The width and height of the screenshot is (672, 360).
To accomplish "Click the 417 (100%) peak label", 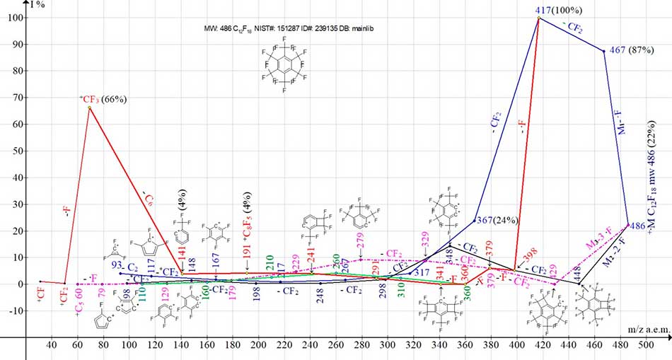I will (559, 10).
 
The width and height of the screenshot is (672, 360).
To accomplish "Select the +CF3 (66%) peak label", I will (102, 100).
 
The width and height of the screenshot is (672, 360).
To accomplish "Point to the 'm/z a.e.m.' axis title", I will (644, 330).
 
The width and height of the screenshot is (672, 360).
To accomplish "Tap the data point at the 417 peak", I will (539, 18).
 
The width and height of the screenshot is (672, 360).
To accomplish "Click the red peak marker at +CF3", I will (88, 108).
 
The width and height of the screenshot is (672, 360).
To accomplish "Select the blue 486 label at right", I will (637, 226).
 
